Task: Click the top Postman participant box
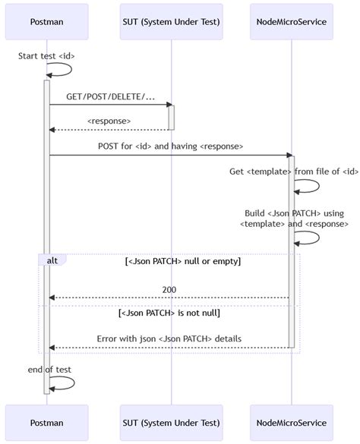[x=46, y=21]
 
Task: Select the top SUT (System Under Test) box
[x=171, y=21]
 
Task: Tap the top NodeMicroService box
[x=292, y=21]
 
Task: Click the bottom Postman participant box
[x=46, y=423]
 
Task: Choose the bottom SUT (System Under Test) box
[x=171, y=423]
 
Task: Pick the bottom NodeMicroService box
[x=292, y=423]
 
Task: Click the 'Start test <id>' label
[x=46, y=56]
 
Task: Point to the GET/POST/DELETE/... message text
[x=110, y=98]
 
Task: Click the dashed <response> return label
[x=109, y=121]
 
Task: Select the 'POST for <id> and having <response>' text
[x=170, y=146]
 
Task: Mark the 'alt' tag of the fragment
[x=52, y=260]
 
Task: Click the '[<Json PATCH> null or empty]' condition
[x=182, y=261]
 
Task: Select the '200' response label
[x=169, y=290]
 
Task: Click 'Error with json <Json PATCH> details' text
[x=169, y=339]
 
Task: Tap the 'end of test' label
[x=49, y=370]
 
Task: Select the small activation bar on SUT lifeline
[x=171, y=117]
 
